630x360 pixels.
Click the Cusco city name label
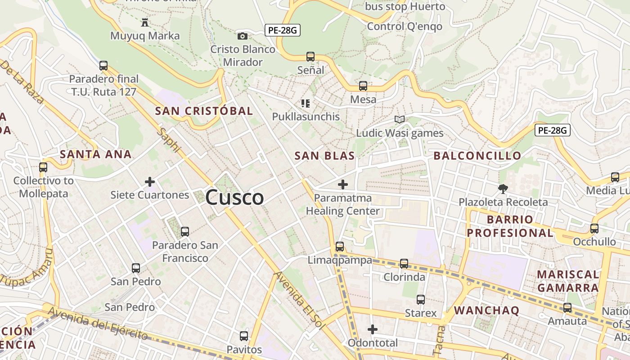234,198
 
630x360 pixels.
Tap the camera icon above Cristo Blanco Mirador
243,36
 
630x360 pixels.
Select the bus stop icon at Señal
310,57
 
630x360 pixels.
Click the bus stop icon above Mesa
363,86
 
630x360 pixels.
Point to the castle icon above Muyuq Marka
145,22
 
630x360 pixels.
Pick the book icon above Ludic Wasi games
400,119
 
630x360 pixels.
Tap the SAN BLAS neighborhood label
324,156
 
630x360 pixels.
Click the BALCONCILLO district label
477,156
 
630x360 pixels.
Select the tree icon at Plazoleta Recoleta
503,189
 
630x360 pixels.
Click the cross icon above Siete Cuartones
150,182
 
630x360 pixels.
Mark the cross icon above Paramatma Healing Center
343,184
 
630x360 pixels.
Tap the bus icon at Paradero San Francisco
185,232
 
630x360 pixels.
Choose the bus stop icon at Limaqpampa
340,247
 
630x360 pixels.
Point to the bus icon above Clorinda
404,264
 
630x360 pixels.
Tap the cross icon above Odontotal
373,329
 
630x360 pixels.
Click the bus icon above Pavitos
244,336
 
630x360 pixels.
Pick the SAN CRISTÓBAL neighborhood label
204,111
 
